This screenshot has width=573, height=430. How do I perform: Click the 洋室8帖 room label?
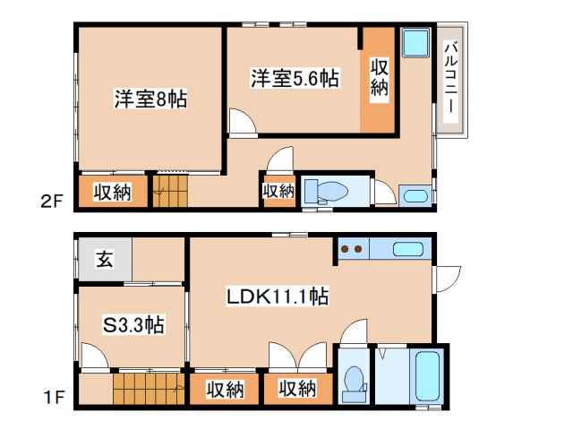click(x=150, y=99)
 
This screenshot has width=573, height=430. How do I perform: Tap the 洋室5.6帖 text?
click(x=294, y=79)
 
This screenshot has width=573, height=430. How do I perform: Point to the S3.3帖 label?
click(x=132, y=325)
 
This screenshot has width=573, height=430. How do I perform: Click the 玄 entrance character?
click(x=105, y=260)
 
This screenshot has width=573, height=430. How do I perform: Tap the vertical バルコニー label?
click(x=449, y=78)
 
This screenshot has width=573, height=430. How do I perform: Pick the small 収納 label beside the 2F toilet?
click(x=278, y=191)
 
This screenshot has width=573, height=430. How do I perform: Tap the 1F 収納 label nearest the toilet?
click(x=295, y=389)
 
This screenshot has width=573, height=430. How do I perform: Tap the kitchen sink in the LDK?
click(x=407, y=249)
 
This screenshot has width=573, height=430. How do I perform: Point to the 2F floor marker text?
click(x=50, y=201)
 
